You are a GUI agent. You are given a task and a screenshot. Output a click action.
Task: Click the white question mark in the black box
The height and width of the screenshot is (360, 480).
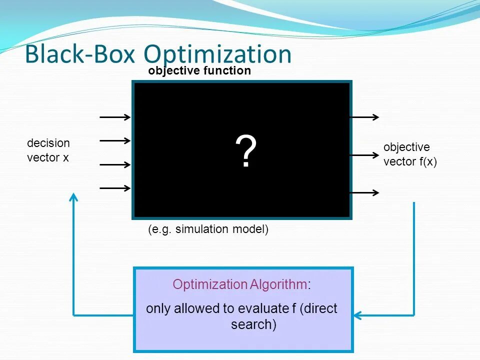click(x=246, y=152)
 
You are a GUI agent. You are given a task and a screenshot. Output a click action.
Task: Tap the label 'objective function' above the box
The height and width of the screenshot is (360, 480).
click(x=199, y=71)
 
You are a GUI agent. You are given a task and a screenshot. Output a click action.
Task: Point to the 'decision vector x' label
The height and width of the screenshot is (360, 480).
click(x=48, y=150)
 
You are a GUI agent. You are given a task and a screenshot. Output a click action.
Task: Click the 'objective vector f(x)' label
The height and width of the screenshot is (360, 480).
click(x=410, y=154)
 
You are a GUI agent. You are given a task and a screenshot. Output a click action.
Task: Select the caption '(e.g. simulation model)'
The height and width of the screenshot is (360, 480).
click(x=208, y=229)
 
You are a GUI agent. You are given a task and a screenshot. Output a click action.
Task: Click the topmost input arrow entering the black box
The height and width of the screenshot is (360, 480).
click(x=115, y=117)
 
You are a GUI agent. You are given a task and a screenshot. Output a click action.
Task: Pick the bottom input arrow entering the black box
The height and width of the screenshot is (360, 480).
click(x=115, y=188)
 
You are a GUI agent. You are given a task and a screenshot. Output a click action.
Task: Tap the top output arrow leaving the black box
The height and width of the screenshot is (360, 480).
click(x=365, y=117)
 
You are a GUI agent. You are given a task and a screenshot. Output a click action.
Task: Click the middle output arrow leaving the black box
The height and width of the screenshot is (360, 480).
click(x=365, y=155)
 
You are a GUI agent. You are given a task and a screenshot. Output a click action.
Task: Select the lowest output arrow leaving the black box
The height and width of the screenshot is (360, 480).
click(x=365, y=192)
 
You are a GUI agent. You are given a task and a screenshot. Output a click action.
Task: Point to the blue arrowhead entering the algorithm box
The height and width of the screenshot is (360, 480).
click(x=357, y=315)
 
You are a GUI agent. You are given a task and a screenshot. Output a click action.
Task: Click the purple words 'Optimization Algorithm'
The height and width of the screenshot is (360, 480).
click(x=239, y=285)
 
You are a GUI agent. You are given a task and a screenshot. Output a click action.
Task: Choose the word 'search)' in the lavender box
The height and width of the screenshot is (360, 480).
click(x=253, y=325)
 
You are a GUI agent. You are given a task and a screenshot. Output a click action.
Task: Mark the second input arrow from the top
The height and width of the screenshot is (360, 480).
click(x=115, y=141)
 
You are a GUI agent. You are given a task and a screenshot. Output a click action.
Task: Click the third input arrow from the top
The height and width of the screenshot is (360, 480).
click(x=115, y=164)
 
